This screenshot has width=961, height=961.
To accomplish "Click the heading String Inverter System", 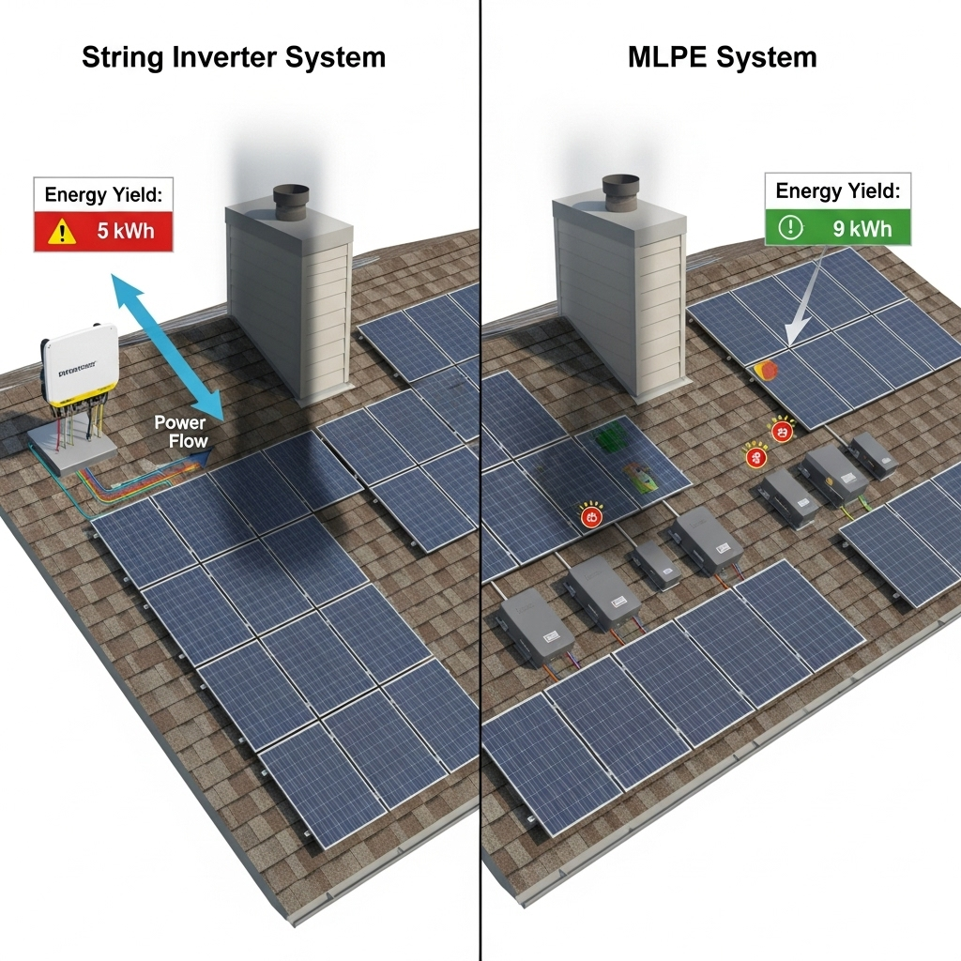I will pos(234,57).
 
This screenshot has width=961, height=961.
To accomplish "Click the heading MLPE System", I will pos(722,57).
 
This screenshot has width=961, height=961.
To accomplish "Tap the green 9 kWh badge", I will pos(837,227).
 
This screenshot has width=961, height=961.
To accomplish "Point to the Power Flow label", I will pos(180,432).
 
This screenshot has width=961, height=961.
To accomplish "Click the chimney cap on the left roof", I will pos(291,199).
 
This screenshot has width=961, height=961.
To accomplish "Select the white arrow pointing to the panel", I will pos(808,300).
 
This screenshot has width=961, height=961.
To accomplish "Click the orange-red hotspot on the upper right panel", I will pos(766,371).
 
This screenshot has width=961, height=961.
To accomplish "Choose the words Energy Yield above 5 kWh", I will pos(102,196).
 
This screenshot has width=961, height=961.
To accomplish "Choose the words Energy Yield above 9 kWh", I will pos(837,191).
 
